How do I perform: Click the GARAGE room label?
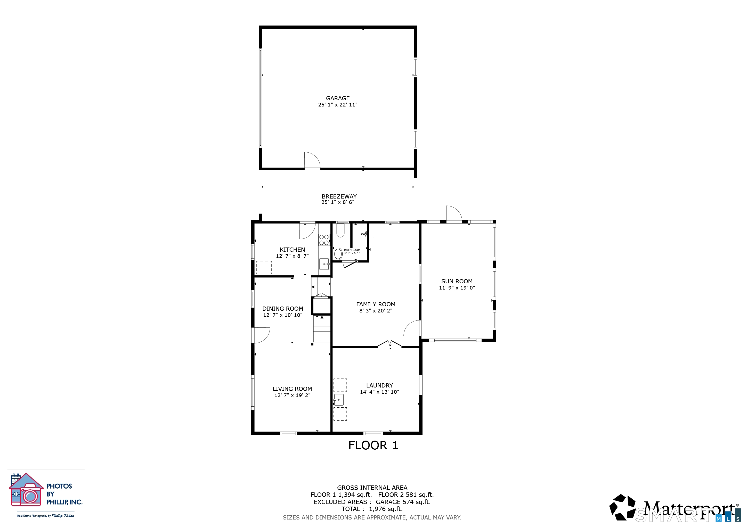(x=338, y=98)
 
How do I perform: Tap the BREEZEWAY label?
(x=339, y=196)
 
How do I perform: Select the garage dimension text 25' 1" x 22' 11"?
(x=338, y=105)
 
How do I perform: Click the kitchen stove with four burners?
(x=324, y=240)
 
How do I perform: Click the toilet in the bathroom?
(x=340, y=230)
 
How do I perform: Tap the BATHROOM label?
(x=352, y=250)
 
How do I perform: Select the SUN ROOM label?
(x=457, y=281)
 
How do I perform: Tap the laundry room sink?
(x=339, y=400)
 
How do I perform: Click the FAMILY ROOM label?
(x=376, y=304)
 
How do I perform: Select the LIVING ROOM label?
(x=292, y=389)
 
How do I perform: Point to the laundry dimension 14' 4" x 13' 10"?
(x=379, y=392)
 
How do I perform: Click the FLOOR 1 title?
(x=373, y=445)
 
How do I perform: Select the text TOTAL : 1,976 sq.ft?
(x=372, y=509)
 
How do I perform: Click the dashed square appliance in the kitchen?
(x=264, y=268)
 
